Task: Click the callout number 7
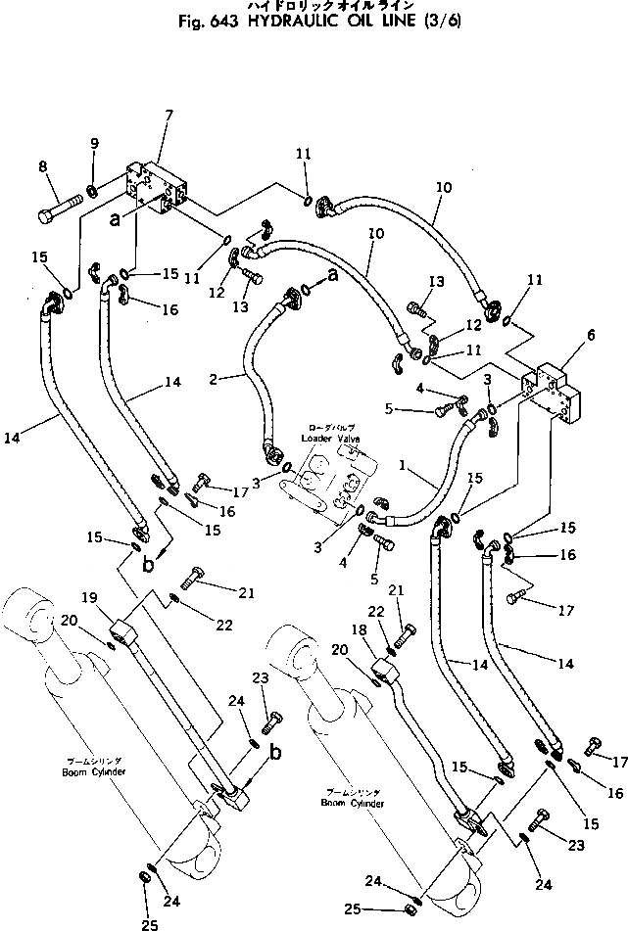[x=169, y=116]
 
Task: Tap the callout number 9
[x=94, y=144]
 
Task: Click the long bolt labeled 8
[x=65, y=210]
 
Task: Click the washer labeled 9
[x=90, y=189]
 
